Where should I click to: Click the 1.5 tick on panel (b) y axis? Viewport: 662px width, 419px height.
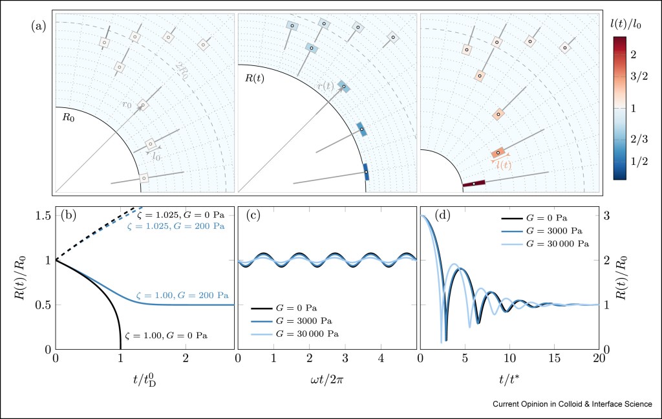click(41, 215)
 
